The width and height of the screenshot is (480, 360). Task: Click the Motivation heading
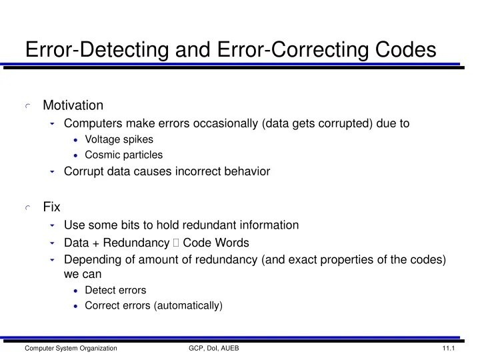tap(73, 105)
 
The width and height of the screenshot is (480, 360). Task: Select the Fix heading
tap(52, 207)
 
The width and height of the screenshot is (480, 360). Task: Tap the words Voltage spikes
tap(119, 139)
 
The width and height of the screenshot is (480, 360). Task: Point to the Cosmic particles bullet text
tap(123, 155)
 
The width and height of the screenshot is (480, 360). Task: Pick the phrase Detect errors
tap(115, 290)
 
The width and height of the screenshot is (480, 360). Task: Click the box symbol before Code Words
tap(175, 243)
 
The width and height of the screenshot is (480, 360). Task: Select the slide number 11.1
tap(447, 349)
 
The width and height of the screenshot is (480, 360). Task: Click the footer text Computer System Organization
tap(71, 349)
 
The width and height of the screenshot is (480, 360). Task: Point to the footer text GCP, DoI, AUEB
tap(213, 349)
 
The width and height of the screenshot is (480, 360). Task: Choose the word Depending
tap(91, 259)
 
